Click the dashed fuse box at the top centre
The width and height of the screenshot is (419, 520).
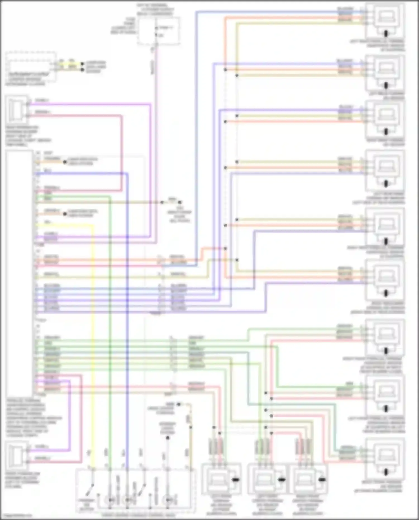(x=158, y=31)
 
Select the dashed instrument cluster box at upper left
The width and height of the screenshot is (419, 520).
(x=31, y=67)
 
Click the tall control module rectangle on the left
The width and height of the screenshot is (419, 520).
(x=19, y=272)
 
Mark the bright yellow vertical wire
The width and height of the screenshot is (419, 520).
(x=93, y=335)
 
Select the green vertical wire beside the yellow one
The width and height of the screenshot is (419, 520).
(x=110, y=335)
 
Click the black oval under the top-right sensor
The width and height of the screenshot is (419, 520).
(x=386, y=34)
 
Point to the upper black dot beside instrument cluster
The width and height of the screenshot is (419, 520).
(x=82, y=64)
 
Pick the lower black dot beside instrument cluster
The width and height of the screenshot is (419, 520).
(x=82, y=69)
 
